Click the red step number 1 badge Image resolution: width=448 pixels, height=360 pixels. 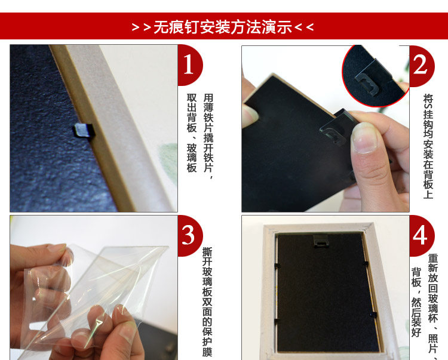pyautogui.click(x=189, y=64)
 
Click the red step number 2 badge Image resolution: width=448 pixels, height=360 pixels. pyautogui.click(x=421, y=66)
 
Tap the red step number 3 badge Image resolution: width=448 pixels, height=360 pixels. pyautogui.click(x=189, y=235)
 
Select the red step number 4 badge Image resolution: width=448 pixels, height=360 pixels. pyautogui.click(x=421, y=235)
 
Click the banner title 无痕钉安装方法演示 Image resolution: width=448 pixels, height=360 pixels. pyautogui.click(x=223, y=27)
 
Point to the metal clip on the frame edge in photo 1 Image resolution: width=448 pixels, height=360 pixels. pyautogui.click(x=84, y=131)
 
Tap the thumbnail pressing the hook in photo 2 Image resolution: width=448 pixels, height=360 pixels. pyautogui.click(x=364, y=137)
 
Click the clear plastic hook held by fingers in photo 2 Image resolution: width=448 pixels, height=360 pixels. pyautogui.click(x=337, y=128)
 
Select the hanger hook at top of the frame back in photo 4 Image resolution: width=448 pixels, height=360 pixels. pyautogui.click(x=321, y=242)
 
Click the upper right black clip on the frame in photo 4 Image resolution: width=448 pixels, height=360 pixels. pyautogui.click(x=366, y=263)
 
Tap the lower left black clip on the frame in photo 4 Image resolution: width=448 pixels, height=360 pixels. pyautogui.click(x=277, y=320)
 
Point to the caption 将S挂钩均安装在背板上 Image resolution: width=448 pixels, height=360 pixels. pyautogui.click(x=428, y=146)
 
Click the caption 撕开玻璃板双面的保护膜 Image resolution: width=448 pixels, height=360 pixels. pyautogui.click(x=207, y=301)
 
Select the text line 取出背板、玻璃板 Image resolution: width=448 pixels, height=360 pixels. pyautogui.click(x=192, y=133)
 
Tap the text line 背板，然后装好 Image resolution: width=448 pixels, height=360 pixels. pyautogui.click(x=416, y=302)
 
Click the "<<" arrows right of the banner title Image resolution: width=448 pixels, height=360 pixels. pyautogui.click(x=304, y=27)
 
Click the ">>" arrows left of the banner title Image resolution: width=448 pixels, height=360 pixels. pyautogui.click(x=142, y=27)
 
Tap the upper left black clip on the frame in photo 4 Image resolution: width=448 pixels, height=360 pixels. pyautogui.click(x=277, y=266)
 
